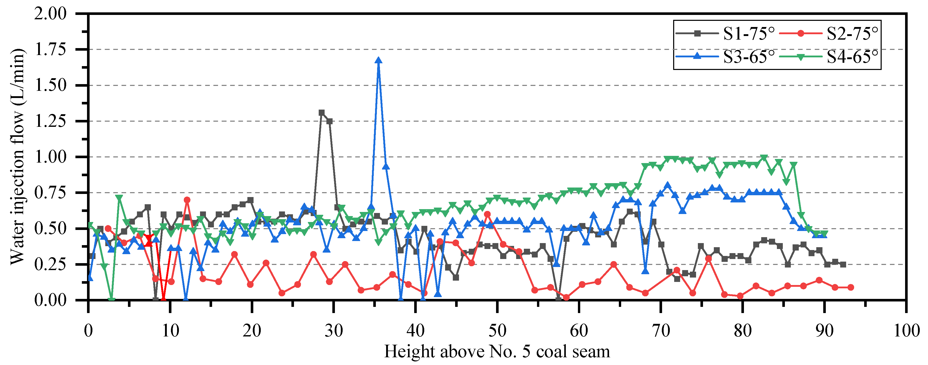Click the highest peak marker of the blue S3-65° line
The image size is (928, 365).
click(378, 60)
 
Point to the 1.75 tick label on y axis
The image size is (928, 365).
click(50, 49)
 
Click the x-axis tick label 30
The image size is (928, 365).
click(334, 331)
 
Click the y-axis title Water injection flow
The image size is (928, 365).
click(17, 157)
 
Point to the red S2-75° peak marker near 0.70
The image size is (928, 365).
click(187, 200)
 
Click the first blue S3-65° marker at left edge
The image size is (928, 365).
click(90, 278)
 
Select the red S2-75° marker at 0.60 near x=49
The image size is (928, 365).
click(487, 214)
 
